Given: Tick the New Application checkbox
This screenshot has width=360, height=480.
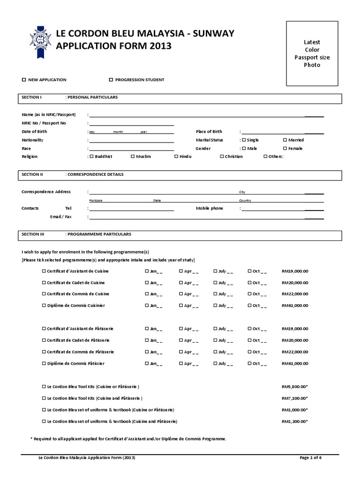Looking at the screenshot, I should tap(24, 80).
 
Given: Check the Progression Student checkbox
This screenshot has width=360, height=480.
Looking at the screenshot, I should tap(111, 80).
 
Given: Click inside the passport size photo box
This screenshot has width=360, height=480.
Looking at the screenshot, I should tap(312, 54).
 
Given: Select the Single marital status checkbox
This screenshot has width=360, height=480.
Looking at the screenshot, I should tap(244, 140).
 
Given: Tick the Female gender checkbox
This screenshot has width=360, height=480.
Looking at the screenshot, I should tap(285, 149).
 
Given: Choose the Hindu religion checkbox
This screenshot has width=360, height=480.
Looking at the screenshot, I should tap(176, 157).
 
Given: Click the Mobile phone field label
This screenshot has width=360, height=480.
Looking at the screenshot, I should tap(209, 208).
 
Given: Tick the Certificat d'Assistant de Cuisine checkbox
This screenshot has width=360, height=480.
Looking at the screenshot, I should tap(44, 271).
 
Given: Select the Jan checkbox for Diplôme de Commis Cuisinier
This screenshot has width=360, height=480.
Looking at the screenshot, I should tap(147, 306).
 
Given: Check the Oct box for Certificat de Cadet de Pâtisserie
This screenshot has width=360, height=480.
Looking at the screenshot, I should tap(249, 340).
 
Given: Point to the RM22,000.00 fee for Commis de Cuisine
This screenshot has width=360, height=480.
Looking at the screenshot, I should tap(295, 294).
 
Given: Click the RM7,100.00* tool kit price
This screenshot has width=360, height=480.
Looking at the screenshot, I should tap(295, 398).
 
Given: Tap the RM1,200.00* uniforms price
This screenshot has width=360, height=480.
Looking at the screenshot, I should tap(295, 421).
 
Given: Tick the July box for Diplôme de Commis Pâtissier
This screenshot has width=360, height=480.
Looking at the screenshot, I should tap(215, 364).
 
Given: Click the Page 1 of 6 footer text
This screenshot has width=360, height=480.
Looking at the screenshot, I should tap(310, 458).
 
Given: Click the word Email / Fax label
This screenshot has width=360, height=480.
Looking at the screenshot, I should tap(61, 217).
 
